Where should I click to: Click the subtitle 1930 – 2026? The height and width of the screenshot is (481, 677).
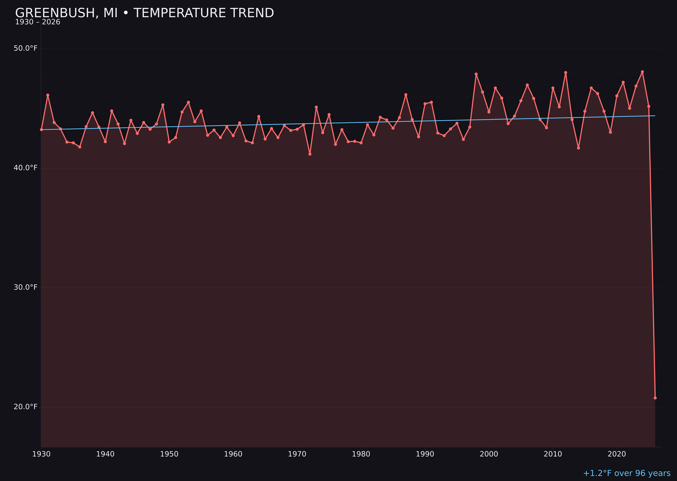38,22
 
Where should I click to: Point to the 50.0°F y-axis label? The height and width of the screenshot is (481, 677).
26,48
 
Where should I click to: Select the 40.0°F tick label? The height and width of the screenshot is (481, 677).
26,168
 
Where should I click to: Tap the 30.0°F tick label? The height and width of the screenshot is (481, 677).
26,287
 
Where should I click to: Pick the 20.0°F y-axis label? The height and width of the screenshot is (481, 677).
26,407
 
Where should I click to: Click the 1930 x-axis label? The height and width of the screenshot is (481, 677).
41,454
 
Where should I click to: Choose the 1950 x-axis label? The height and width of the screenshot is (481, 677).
169,454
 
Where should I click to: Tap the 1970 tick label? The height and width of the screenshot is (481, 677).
297,454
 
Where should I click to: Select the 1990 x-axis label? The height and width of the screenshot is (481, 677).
425,454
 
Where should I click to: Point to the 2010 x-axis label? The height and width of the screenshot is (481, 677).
553,454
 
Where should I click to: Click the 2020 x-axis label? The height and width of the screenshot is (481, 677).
617,454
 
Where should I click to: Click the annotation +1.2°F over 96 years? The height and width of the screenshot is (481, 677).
627,473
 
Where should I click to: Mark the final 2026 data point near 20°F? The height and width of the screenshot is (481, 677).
655,398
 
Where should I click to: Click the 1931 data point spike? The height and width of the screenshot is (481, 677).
48,95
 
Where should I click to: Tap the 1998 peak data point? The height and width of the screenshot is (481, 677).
476,74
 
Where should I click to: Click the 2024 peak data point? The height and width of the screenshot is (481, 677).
642,72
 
